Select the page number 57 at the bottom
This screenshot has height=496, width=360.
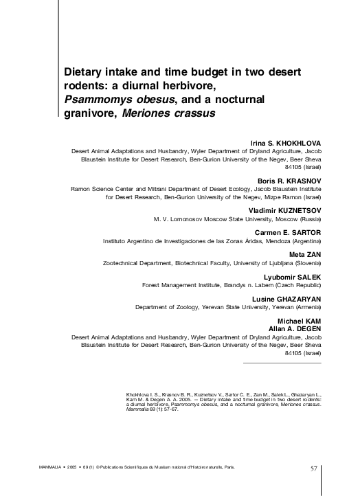click(313, 469)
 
